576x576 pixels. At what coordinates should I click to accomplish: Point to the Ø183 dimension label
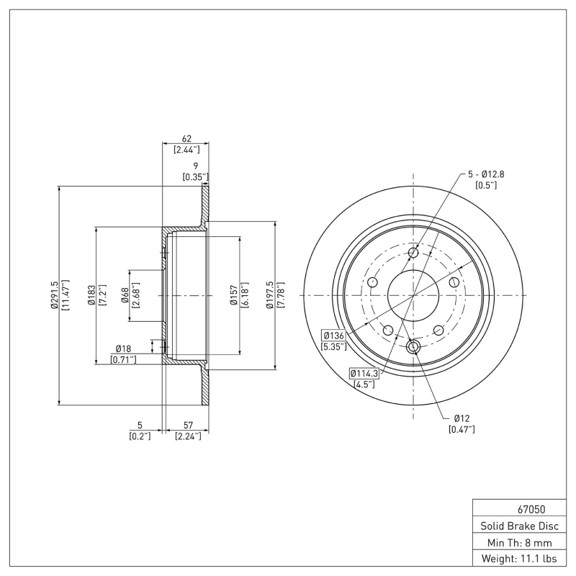pyautogui.click(x=91, y=295)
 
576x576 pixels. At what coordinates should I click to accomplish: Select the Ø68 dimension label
pyautogui.click(x=125, y=295)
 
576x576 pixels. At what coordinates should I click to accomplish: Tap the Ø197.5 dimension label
pyautogui.click(x=271, y=295)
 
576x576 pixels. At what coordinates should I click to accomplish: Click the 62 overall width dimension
pyautogui.click(x=186, y=140)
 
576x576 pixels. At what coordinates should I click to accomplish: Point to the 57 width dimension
pyautogui.click(x=186, y=426)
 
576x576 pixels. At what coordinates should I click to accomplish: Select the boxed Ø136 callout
pyautogui.click(x=333, y=336)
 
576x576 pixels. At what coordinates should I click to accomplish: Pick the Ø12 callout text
pyautogui.click(x=462, y=418)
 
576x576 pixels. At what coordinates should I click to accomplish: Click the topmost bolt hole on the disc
pyautogui.click(x=413, y=253)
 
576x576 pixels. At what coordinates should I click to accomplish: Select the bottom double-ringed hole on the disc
pyautogui.click(x=413, y=348)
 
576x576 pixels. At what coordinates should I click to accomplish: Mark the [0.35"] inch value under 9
pyautogui.click(x=195, y=176)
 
